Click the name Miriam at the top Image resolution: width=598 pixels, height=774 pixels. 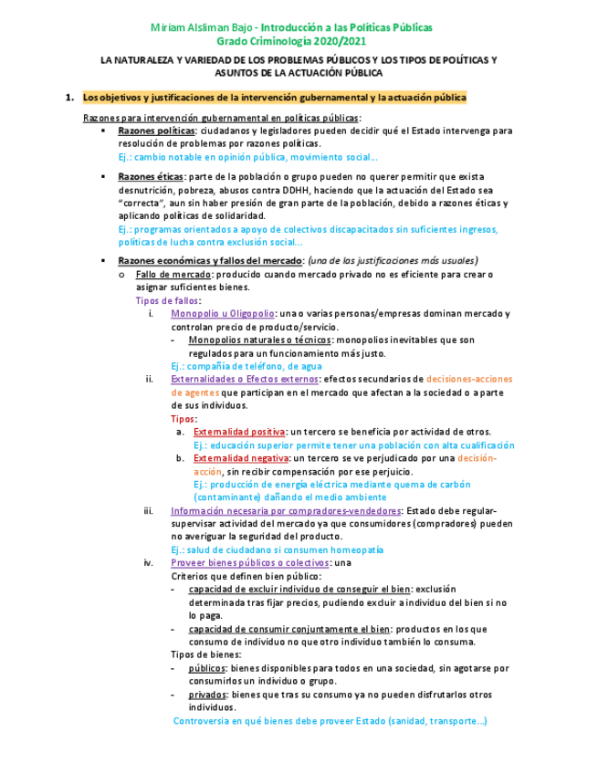pos(167,27)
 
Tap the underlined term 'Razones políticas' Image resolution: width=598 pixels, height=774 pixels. pos(150,131)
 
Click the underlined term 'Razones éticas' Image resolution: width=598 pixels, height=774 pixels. pos(144,176)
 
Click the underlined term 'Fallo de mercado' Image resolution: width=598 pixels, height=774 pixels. pos(172,274)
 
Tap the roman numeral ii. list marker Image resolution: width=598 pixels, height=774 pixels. pos(151,379)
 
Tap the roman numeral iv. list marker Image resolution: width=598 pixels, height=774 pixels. pos(149,564)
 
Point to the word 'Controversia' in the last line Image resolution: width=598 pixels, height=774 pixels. pos(205,721)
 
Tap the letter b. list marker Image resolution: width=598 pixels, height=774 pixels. pos(181,458)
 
